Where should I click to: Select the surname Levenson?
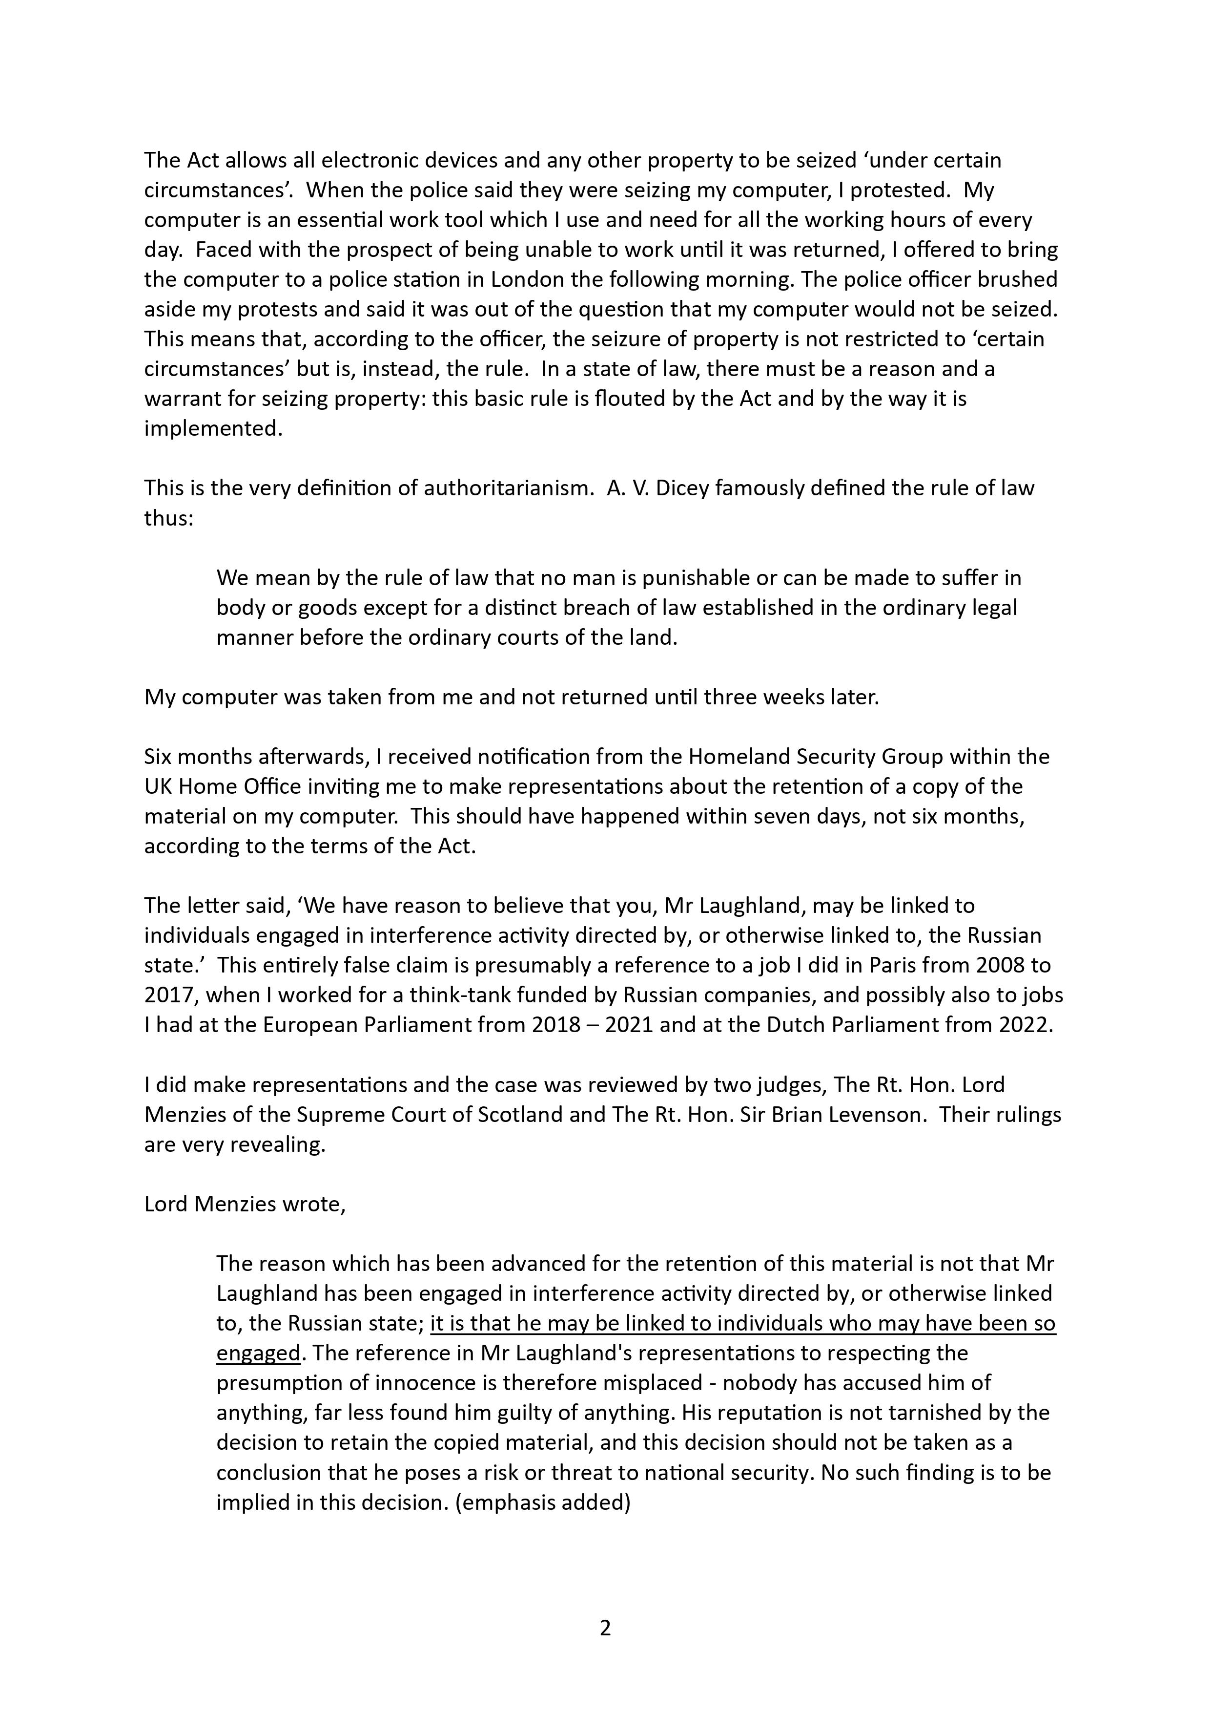coord(871,1115)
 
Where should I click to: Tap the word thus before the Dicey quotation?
coord(168,518)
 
